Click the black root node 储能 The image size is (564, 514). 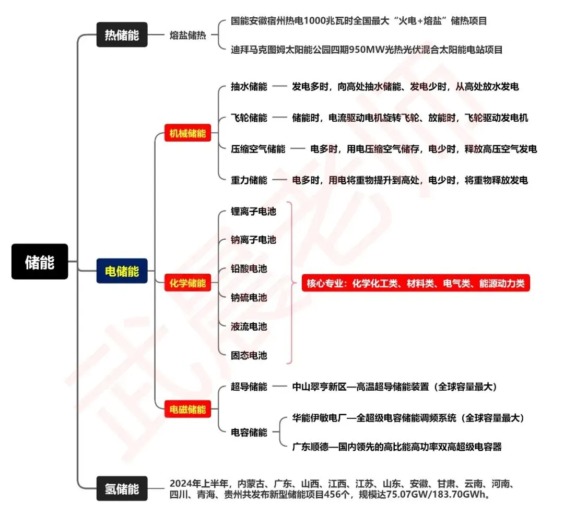40,261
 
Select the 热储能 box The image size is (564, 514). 122,35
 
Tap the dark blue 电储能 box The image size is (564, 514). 122,271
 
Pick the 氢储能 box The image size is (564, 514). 122,488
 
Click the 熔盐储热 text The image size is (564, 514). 187,36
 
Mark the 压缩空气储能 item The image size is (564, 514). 258,149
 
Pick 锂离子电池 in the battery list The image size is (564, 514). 253,212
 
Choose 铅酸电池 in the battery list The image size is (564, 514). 249,269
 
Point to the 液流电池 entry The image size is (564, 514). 249,326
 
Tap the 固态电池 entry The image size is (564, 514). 249,355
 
